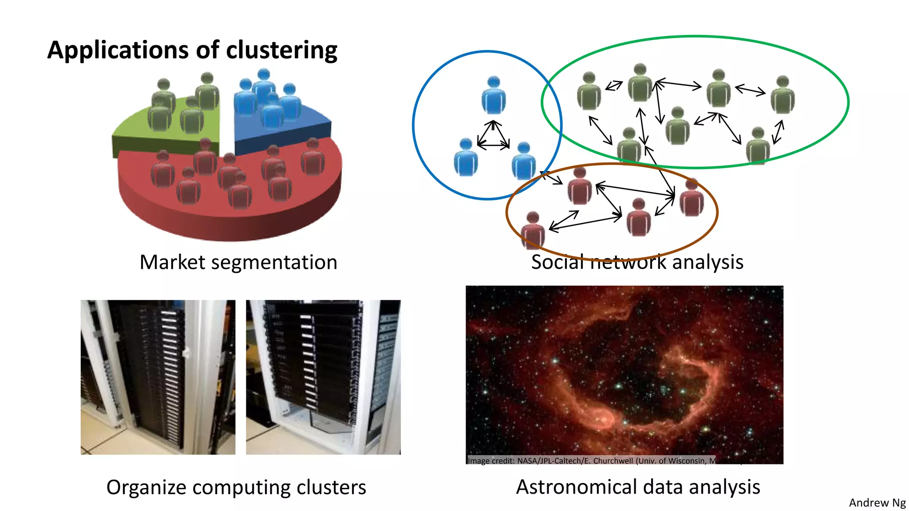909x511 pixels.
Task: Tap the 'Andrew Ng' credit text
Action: [x=877, y=503]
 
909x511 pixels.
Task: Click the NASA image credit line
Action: [x=590, y=460]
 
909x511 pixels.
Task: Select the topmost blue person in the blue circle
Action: [x=494, y=95]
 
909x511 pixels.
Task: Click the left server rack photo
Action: [x=158, y=377]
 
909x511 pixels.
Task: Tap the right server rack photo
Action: [x=323, y=377]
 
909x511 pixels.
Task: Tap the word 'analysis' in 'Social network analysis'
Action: [x=707, y=262]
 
